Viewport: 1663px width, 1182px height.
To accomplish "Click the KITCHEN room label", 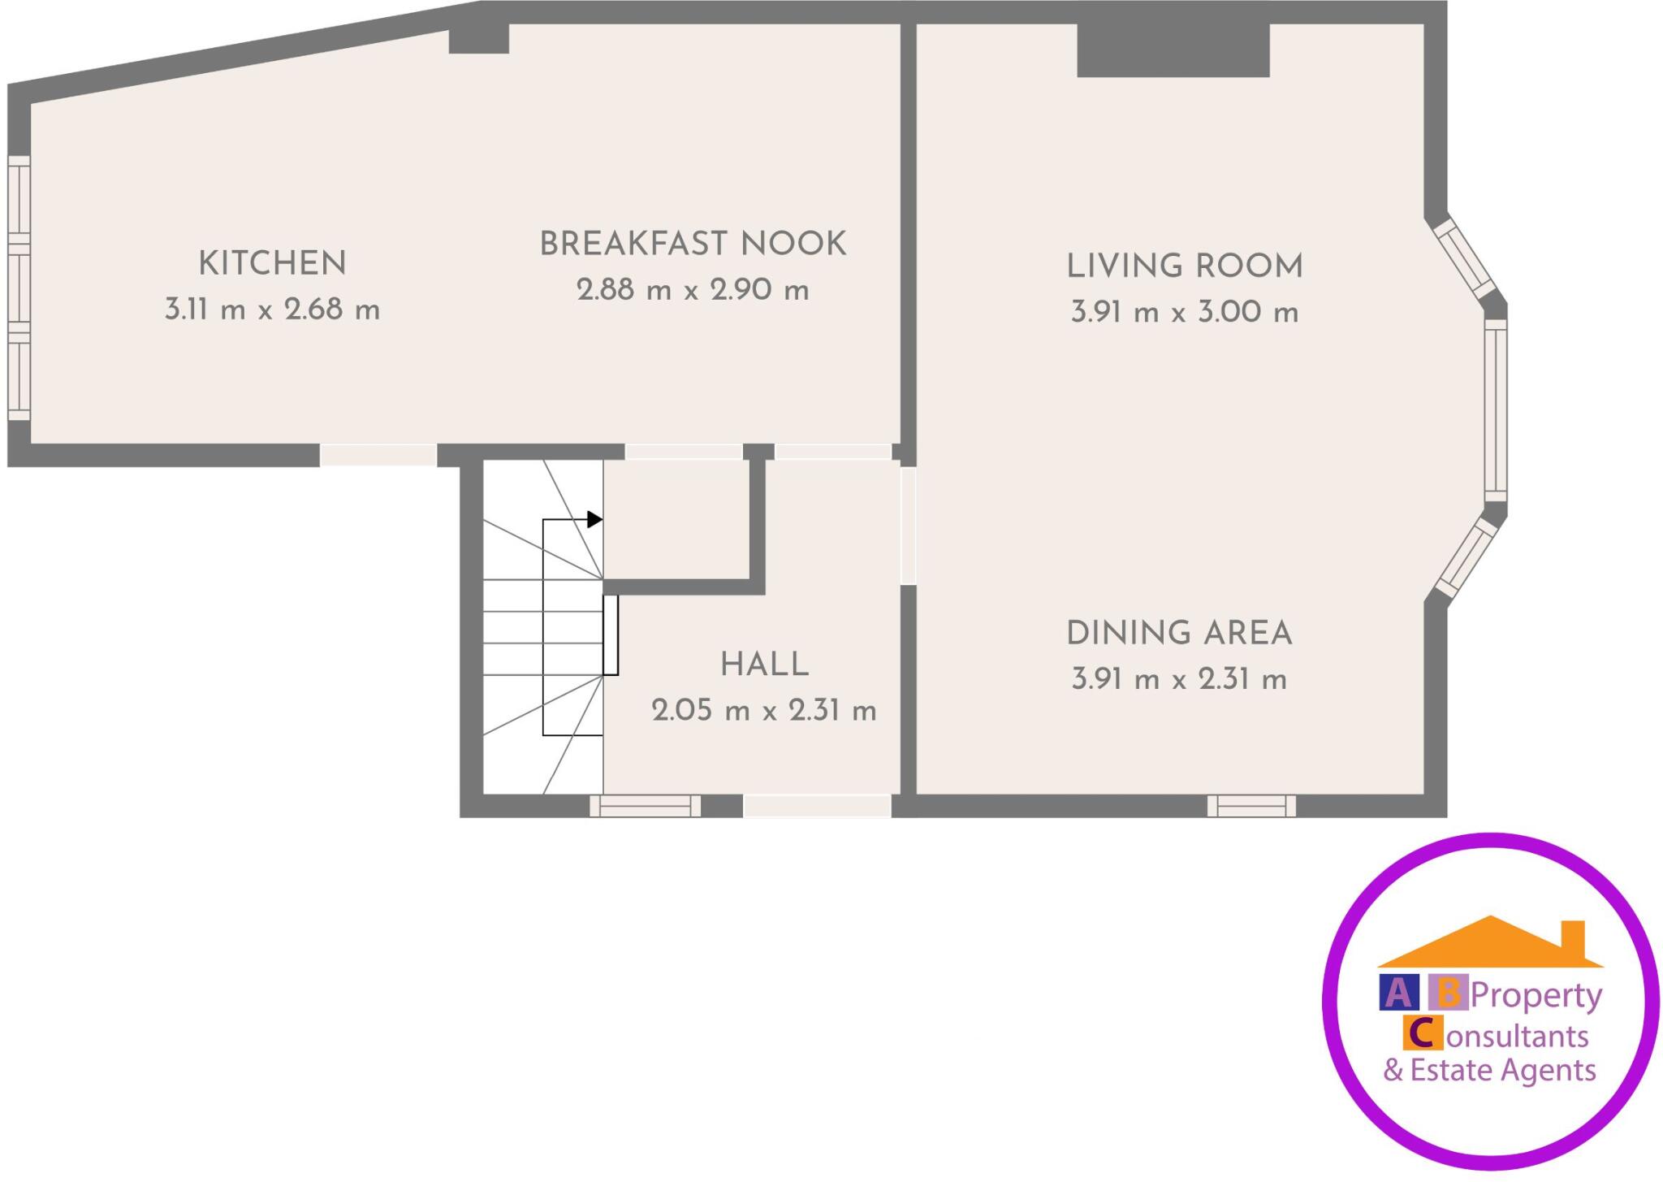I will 272,264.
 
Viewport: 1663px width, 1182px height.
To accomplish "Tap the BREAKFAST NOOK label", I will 693,245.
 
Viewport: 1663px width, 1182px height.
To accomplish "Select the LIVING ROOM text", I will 1184,267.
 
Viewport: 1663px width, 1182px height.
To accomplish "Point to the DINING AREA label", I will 1179,634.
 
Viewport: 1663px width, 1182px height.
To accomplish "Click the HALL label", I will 764,665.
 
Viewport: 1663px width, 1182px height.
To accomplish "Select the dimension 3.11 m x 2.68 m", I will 272,310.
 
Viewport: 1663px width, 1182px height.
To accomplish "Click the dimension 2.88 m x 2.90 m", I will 693,290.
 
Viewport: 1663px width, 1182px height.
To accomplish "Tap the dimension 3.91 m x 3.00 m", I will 1184,313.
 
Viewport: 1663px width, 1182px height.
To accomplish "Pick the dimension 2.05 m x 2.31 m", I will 764,712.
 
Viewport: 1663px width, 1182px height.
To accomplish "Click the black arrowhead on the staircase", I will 595,519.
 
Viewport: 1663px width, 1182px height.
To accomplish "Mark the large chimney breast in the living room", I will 1173,50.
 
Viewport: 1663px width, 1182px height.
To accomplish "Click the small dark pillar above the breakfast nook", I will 479,38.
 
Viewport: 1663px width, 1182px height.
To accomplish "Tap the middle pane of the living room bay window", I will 1496,410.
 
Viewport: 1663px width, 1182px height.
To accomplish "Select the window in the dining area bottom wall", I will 1251,806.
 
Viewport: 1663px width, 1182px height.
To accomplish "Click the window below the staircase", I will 645,806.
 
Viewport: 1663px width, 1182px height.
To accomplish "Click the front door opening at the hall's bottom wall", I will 817,806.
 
